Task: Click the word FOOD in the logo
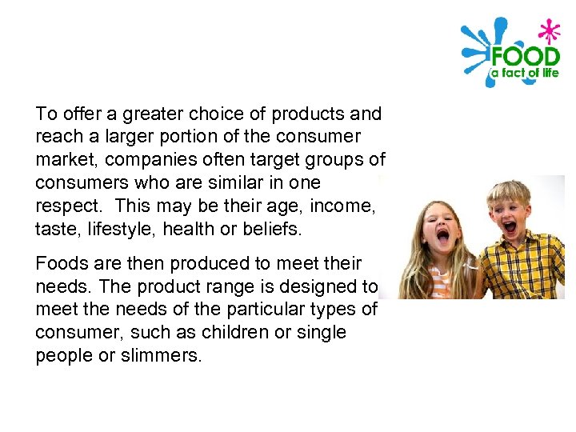tap(524, 57)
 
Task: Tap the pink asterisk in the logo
tap(548, 33)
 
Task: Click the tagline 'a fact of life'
tap(523, 73)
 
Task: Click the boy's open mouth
tap(510, 227)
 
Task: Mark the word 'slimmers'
tap(162, 355)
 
